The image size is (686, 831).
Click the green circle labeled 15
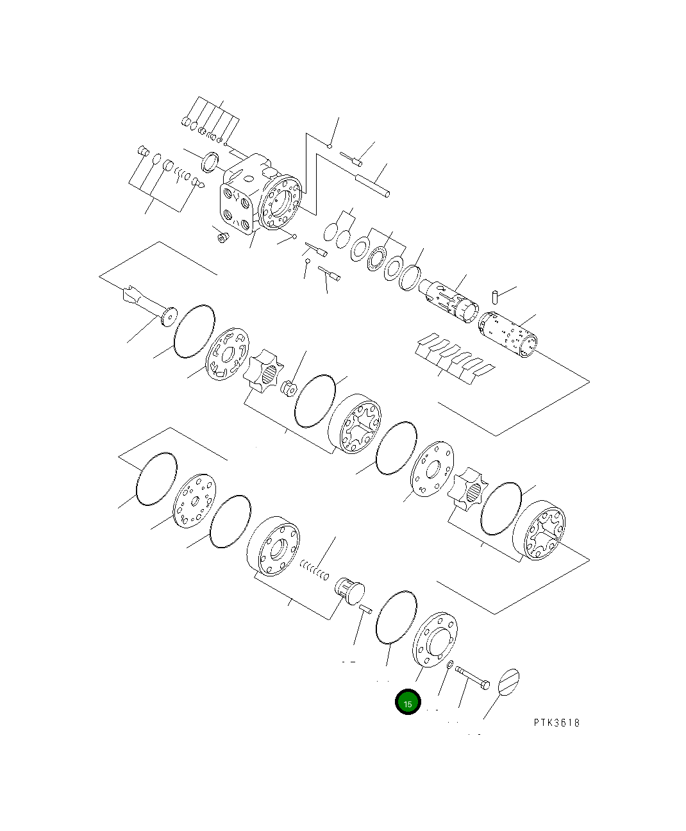coord(408,703)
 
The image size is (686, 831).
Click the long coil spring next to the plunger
coord(314,568)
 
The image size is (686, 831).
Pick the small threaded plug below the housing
coord(223,239)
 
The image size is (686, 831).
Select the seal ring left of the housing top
coord(210,163)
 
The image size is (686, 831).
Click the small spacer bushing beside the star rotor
coord(288,388)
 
